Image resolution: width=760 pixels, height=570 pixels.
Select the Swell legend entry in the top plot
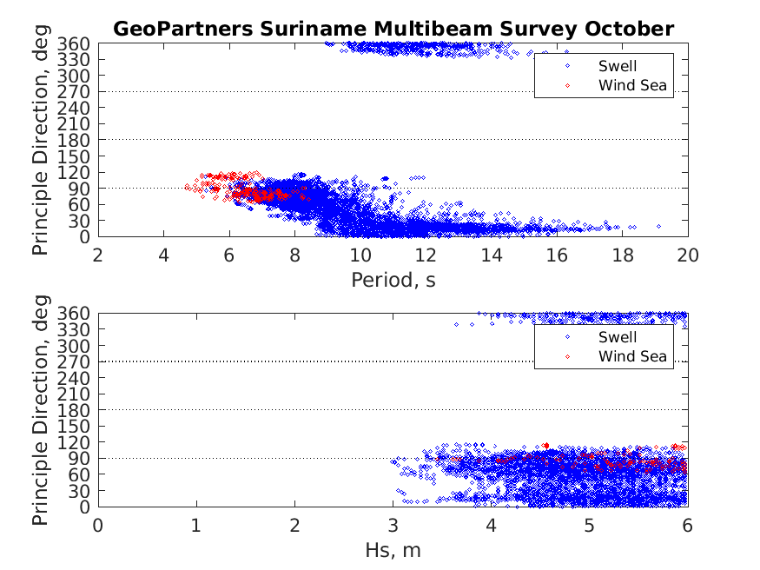click(618, 66)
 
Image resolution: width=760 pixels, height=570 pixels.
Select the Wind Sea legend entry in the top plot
click(631, 85)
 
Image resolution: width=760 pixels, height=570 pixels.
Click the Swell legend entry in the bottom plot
click(618, 337)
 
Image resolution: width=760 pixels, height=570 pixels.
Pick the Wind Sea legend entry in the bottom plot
click(631, 356)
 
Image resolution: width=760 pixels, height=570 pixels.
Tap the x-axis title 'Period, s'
click(393, 280)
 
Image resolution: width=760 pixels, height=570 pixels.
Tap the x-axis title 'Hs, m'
click(393, 550)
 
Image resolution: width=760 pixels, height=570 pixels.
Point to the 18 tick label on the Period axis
click(623, 255)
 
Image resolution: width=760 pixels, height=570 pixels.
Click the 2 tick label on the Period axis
click(98, 255)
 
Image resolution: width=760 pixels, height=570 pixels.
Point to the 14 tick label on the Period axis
click(492, 255)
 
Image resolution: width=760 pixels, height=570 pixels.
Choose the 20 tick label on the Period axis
click(688, 255)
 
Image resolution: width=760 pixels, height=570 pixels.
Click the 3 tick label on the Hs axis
click(393, 525)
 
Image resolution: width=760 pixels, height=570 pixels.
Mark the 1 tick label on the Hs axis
click(196, 525)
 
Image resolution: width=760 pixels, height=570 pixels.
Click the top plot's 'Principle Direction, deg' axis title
click(41, 140)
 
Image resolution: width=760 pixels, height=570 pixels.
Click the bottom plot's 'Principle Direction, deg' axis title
click(41, 410)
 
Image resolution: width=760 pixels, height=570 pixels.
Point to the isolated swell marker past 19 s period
click(659, 226)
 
